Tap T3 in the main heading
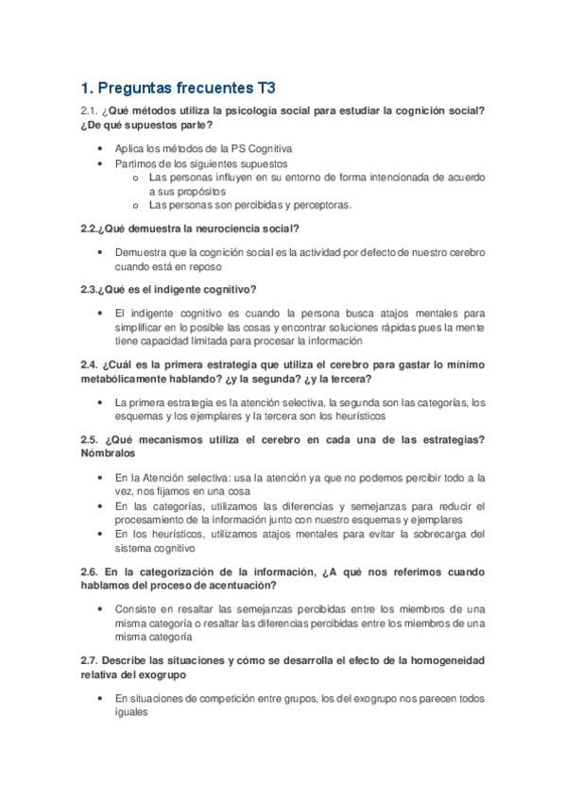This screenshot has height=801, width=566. [x=265, y=90]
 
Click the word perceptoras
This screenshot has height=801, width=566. [x=321, y=204]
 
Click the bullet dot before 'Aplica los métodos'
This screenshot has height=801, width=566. [x=100, y=149]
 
